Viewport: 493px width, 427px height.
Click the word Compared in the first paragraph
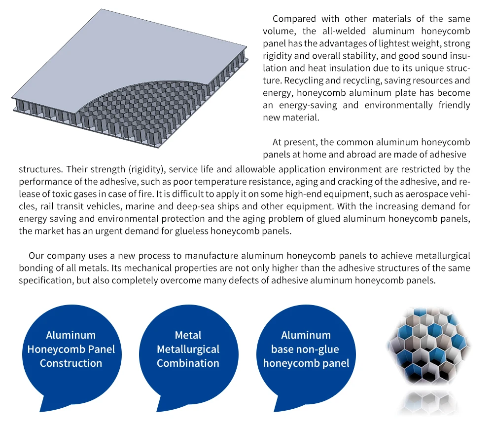coord(293,19)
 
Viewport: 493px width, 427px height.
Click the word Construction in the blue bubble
coord(70,363)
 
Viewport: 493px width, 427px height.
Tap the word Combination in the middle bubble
coord(188,363)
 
